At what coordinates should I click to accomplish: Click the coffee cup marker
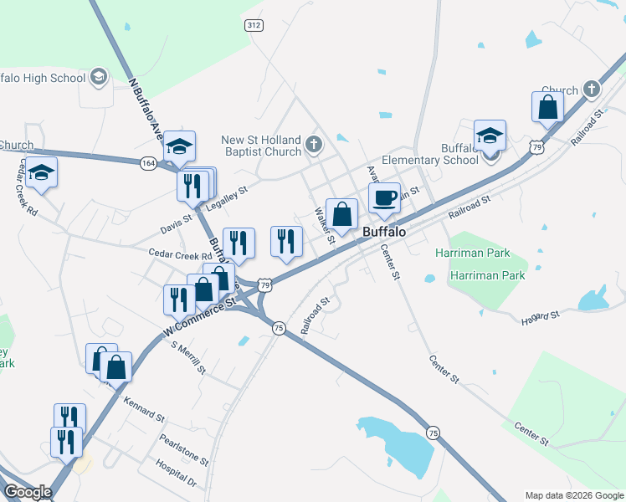pos(384,199)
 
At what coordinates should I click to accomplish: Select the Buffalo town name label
pos(385,232)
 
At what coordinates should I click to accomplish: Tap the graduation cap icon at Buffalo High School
pos(99,78)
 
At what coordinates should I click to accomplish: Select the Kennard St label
pos(144,408)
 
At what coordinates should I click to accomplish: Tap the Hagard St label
pos(539,316)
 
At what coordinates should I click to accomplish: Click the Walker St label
pos(325,226)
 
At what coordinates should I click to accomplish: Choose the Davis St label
pos(177,223)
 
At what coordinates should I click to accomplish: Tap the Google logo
pos(28,492)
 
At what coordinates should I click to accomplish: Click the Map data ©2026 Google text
pos(573,495)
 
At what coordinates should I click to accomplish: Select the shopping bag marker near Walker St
pos(342,214)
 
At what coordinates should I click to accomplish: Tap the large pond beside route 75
pos(397,443)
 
